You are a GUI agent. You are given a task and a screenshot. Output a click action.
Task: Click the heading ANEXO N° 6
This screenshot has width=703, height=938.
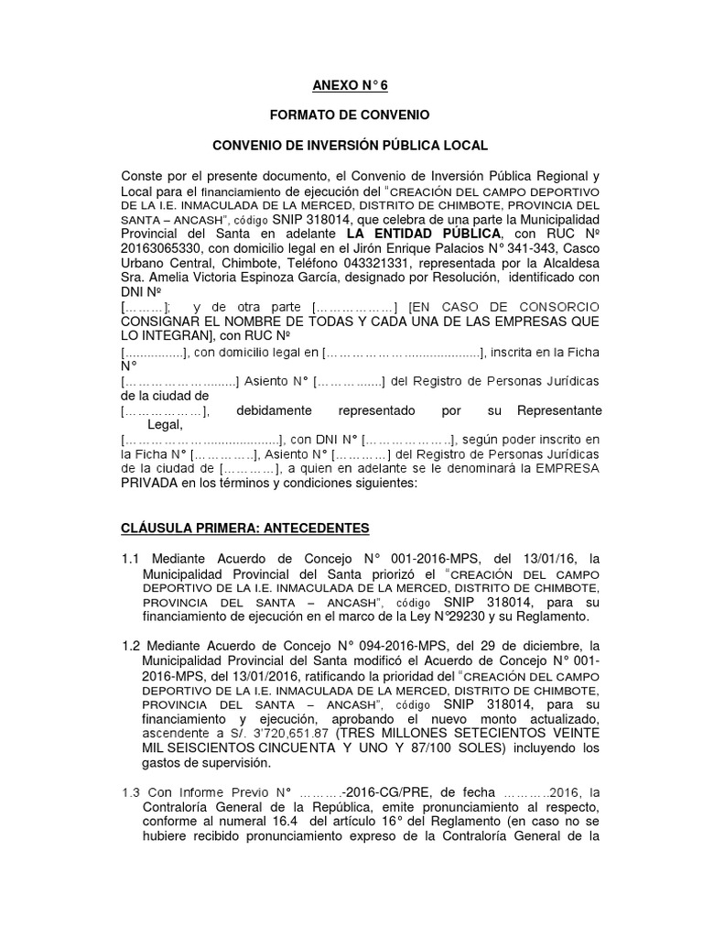351,87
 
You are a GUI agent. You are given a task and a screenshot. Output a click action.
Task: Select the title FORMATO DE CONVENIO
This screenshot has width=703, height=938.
351,116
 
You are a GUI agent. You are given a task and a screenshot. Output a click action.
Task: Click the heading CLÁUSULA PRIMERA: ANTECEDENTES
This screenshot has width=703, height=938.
245,529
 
